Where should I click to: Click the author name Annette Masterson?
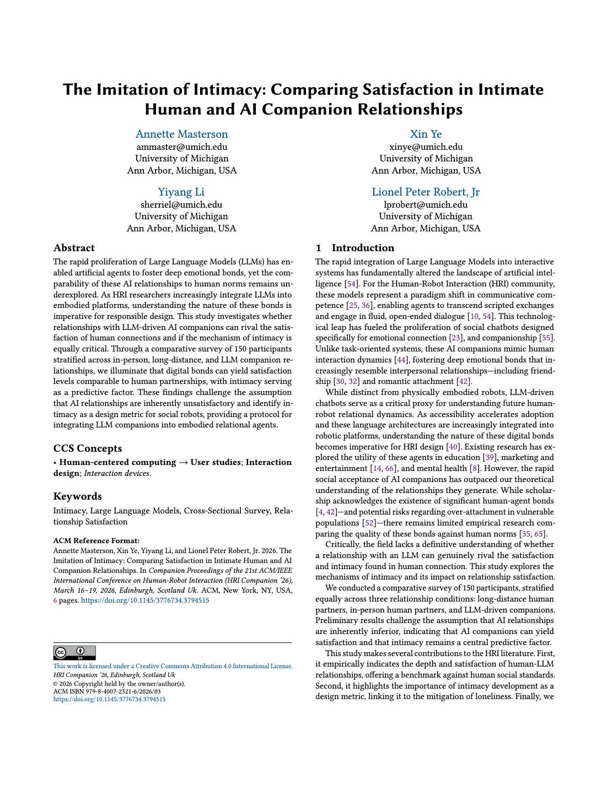pyautogui.click(x=181, y=134)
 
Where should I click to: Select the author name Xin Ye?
pyautogui.click(x=426, y=134)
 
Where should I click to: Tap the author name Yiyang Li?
pyautogui.click(x=181, y=192)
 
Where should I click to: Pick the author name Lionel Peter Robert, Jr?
pyautogui.click(x=426, y=192)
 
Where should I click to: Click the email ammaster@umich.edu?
pyautogui.click(x=181, y=147)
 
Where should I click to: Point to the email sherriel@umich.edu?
pyautogui.click(x=181, y=205)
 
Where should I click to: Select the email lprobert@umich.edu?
pyautogui.click(x=426, y=205)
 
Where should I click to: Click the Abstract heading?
pyautogui.click(x=74, y=248)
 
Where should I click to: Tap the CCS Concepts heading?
pyautogui.click(x=88, y=448)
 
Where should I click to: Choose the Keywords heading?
pyautogui.click(x=78, y=496)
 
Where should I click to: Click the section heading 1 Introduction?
pyautogui.click(x=355, y=248)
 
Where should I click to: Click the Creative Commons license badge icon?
pyautogui.click(x=74, y=653)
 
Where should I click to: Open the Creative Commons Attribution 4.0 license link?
pyautogui.click(x=173, y=666)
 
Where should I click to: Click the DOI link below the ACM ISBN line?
pyautogui.click(x=109, y=699)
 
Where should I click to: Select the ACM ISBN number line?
pyautogui.click(x=107, y=691)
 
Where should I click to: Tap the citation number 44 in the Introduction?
pyautogui.click(x=401, y=360)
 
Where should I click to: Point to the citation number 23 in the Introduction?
pyautogui.click(x=456, y=338)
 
